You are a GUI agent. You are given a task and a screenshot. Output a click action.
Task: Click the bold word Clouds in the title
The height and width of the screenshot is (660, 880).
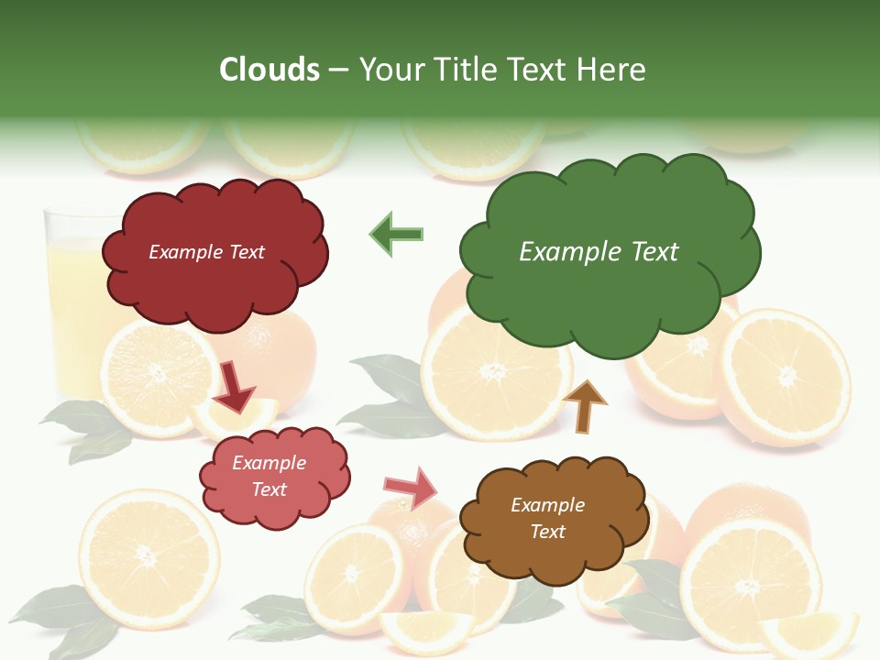[x=269, y=70]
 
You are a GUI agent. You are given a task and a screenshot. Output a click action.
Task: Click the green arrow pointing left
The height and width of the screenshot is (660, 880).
[x=397, y=234]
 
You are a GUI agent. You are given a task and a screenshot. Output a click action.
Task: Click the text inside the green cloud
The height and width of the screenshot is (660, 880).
[x=599, y=251]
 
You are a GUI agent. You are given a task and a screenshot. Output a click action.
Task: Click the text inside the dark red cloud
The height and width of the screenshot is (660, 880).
[x=206, y=252]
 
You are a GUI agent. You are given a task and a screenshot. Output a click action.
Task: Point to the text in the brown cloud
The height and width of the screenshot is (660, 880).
[x=547, y=518]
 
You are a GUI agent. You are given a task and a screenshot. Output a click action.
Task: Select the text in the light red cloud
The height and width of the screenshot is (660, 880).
[x=269, y=476]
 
